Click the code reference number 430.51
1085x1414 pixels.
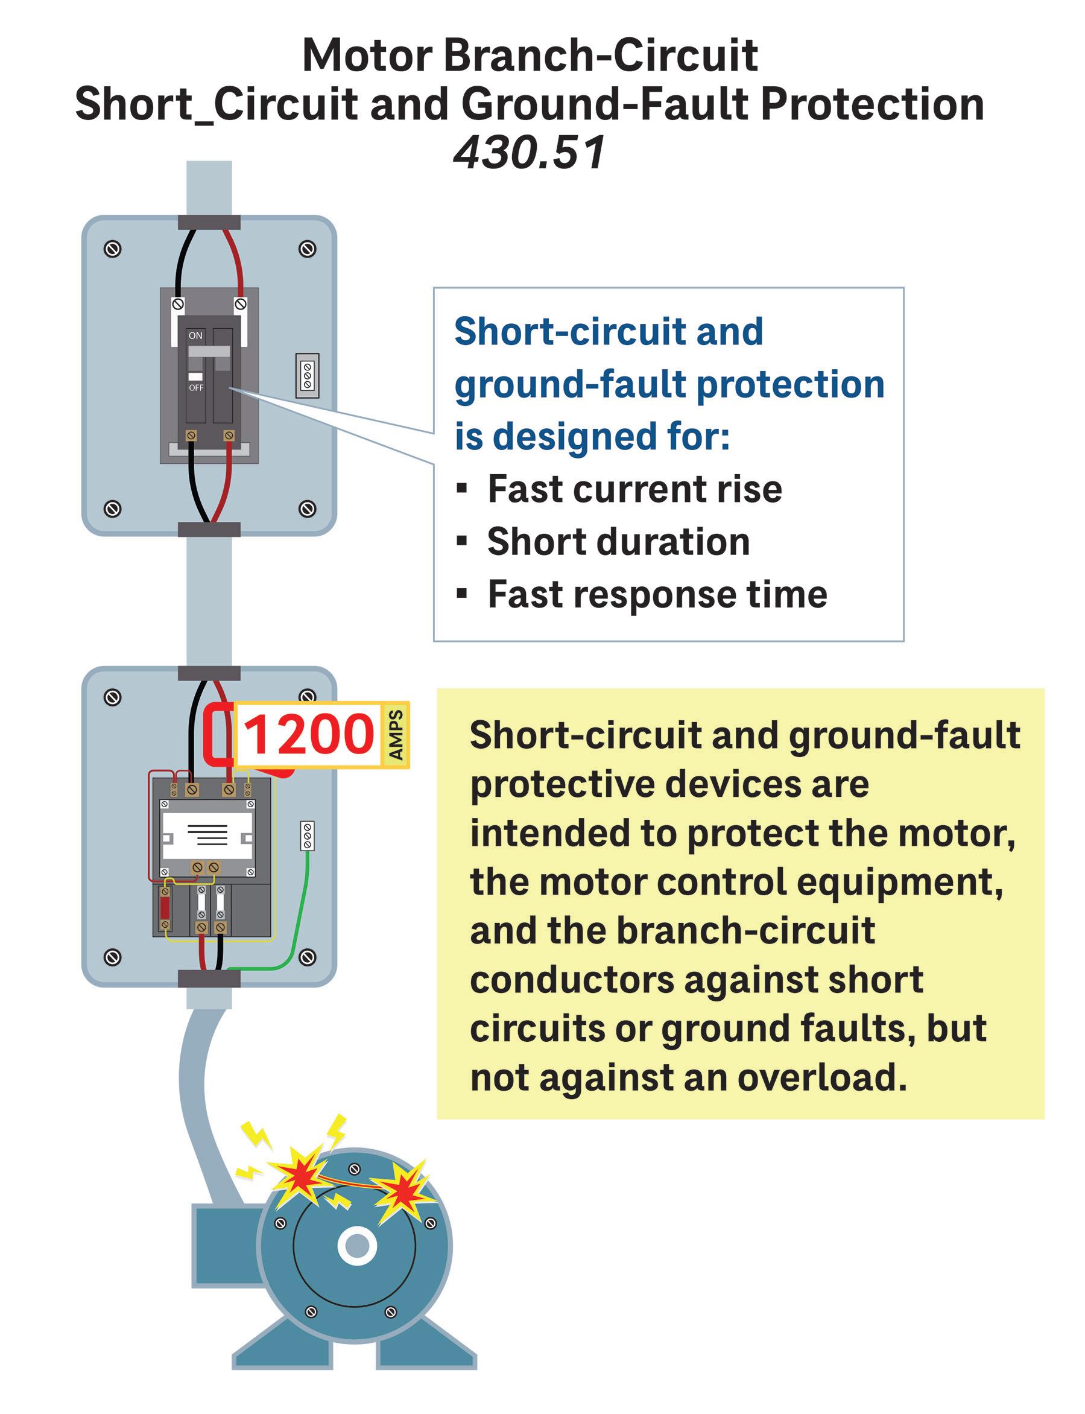(x=530, y=153)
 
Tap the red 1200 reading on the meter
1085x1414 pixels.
(x=309, y=735)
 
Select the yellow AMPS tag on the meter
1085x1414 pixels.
(x=395, y=735)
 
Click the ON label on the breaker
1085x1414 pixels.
(x=195, y=335)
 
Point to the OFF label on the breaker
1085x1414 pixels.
(x=195, y=387)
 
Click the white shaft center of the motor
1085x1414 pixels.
(x=356, y=1246)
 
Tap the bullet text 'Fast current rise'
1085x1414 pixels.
(x=634, y=489)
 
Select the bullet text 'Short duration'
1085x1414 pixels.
(x=618, y=541)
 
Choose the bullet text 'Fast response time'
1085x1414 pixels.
(x=657, y=594)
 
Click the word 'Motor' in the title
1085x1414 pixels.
(x=367, y=56)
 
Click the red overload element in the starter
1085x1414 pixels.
(x=165, y=907)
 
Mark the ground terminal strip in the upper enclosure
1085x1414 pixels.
(x=308, y=375)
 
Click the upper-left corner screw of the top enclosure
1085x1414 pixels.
(x=112, y=249)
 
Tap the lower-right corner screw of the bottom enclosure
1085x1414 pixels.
(x=308, y=957)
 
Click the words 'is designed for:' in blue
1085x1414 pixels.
(x=592, y=437)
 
